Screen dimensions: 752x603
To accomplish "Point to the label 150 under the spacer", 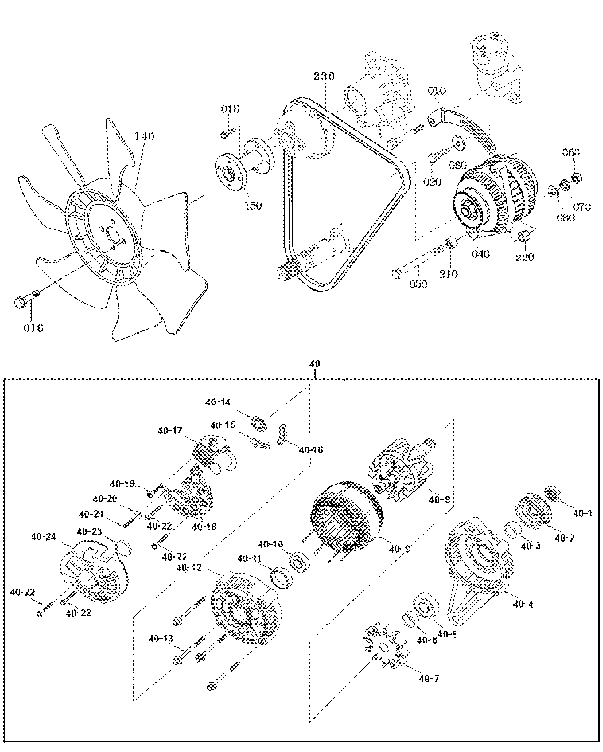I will [x=252, y=205].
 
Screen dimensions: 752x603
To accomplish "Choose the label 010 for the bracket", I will [x=437, y=90].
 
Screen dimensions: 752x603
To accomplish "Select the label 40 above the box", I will [x=315, y=363].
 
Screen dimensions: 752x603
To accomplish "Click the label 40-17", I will [x=170, y=430].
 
